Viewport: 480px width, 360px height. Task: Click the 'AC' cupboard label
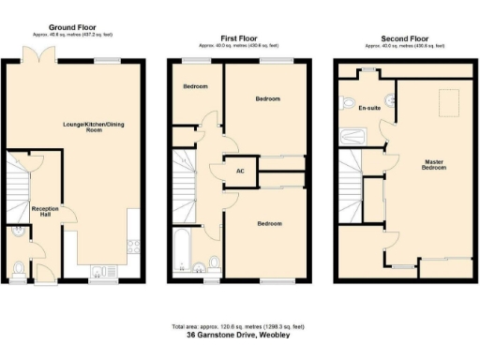[240, 172]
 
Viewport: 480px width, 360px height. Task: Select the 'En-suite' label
[368, 108]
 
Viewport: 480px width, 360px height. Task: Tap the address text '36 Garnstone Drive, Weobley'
[239, 335]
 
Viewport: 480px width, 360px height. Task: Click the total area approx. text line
[239, 326]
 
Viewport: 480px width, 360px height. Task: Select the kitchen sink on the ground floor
[99, 271]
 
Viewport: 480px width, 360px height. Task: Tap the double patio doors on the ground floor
[36, 62]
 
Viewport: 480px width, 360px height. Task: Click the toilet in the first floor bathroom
[215, 262]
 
